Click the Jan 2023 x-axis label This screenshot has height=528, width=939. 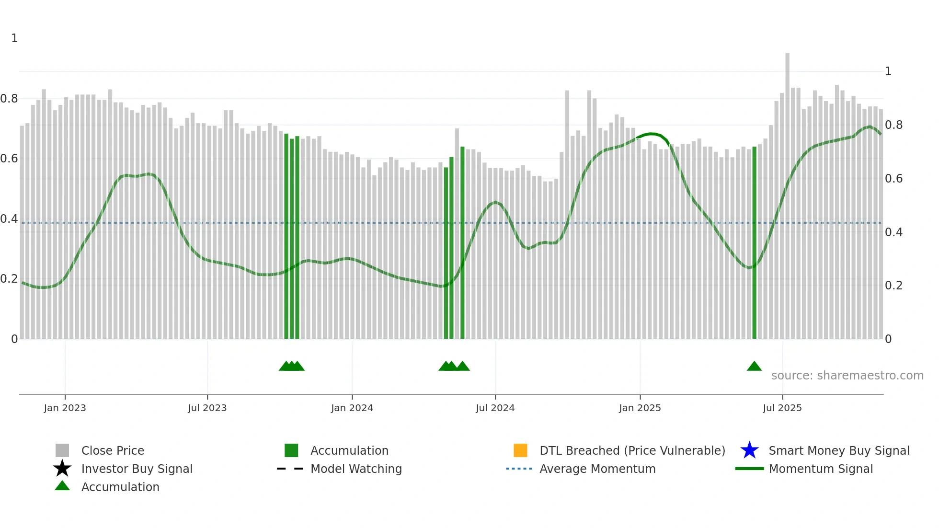coord(65,408)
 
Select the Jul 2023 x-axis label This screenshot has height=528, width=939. coord(207,408)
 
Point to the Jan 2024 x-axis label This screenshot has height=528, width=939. coord(352,408)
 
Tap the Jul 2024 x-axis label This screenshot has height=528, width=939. coord(495,408)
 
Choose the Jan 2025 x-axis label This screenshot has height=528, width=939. coord(640,408)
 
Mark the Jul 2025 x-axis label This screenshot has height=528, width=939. coord(782,408)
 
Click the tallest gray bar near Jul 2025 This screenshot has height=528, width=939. coord(787,192)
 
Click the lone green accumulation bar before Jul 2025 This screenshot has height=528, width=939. coord(754,240)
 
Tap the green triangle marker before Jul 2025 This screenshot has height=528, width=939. coord(754,367)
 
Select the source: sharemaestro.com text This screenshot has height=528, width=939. coord(847,376)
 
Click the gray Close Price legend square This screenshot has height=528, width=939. coord(62,450)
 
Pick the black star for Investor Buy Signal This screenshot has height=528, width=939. coord(62,469)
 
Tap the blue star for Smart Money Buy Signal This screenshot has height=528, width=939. coord(749,450)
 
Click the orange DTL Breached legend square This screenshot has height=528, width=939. coord(520,450)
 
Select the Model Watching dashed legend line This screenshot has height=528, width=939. coord(290,469)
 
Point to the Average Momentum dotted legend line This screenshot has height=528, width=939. coord(519,469)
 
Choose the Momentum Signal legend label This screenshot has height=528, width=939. coord(821,469)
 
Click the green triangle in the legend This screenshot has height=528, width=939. coord(62,486)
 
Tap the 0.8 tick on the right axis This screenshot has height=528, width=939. coord(893,125)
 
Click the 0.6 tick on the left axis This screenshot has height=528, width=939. coord(9,159)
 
